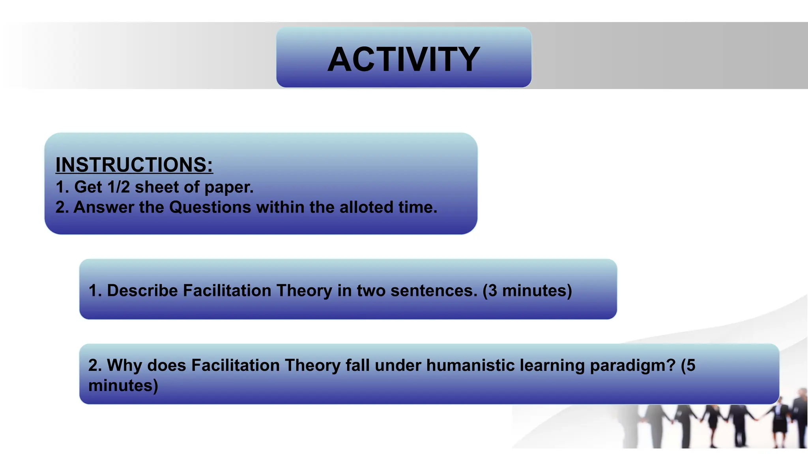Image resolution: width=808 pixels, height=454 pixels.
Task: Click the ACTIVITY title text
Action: tap(404, 59)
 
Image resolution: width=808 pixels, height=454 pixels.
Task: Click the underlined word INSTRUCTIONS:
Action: tap(134, 165)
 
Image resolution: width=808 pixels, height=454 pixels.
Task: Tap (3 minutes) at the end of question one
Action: tap(527, 290)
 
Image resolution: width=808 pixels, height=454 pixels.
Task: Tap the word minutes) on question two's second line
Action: tap(123, 385)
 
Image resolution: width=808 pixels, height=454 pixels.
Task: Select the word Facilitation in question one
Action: tap(227, 290)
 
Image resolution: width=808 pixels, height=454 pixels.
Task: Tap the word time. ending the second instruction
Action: tap(417, 207)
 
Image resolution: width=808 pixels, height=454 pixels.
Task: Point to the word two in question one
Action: tap(371, 290)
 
